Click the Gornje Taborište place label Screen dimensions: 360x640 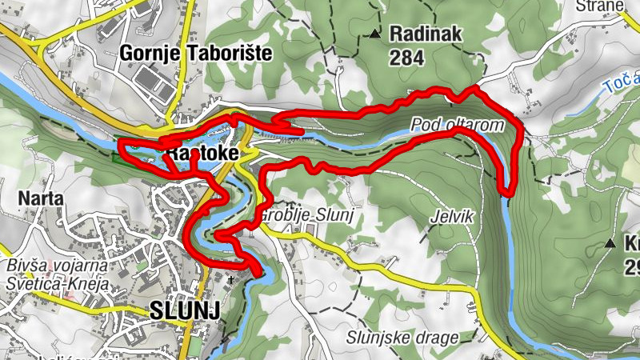pyautogui.click(x=196, y=54)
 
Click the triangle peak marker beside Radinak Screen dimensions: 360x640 pyautogui.click(x=374, y=34)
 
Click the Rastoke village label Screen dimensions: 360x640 pyautogui.click(x=198, y=152)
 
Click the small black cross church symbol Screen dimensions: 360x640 pyautogui.click(x=231, y=279)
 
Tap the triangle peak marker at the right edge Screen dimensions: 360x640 pyautogui.click(x=610, y=242)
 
